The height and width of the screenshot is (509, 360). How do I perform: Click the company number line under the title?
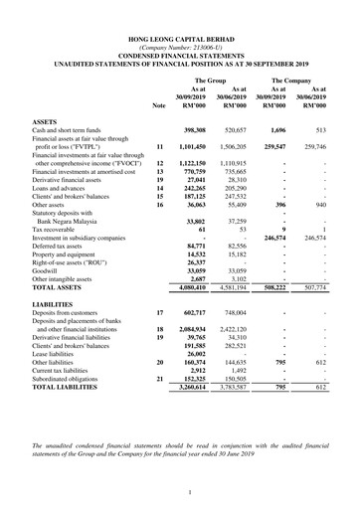point(181,46)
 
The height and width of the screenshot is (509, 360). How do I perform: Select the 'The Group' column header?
point(210,80)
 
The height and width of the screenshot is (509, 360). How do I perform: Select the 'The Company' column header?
point(292,80)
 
